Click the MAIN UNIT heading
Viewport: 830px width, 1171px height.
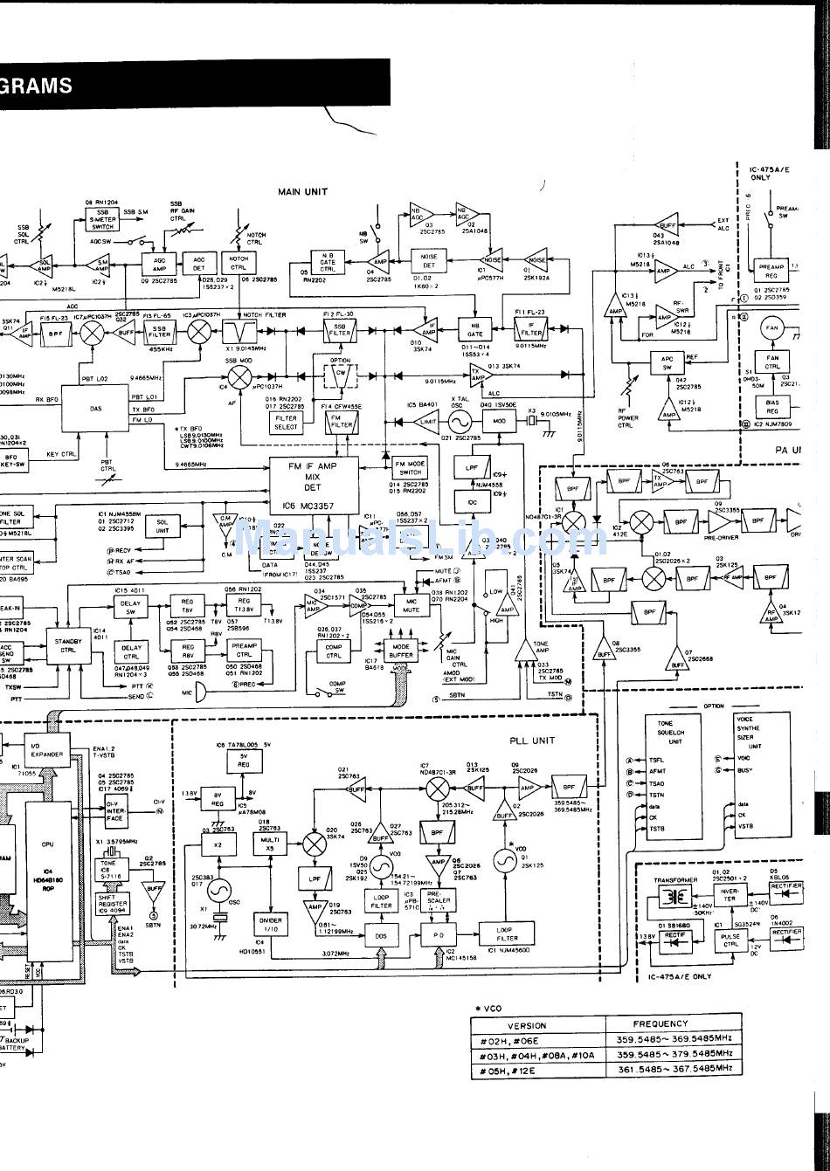pos(303,191)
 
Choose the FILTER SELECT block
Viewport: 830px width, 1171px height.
pos(286,423)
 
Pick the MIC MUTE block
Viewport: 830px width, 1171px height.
pos(411,604)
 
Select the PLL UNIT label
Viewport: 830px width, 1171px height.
pos(533,740)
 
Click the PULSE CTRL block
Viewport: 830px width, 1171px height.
pos(730,940)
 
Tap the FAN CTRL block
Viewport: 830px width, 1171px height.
pos(772,361)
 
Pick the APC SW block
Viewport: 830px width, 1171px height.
pos(667,362)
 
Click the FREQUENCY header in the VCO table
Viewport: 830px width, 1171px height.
pos(661,1023)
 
